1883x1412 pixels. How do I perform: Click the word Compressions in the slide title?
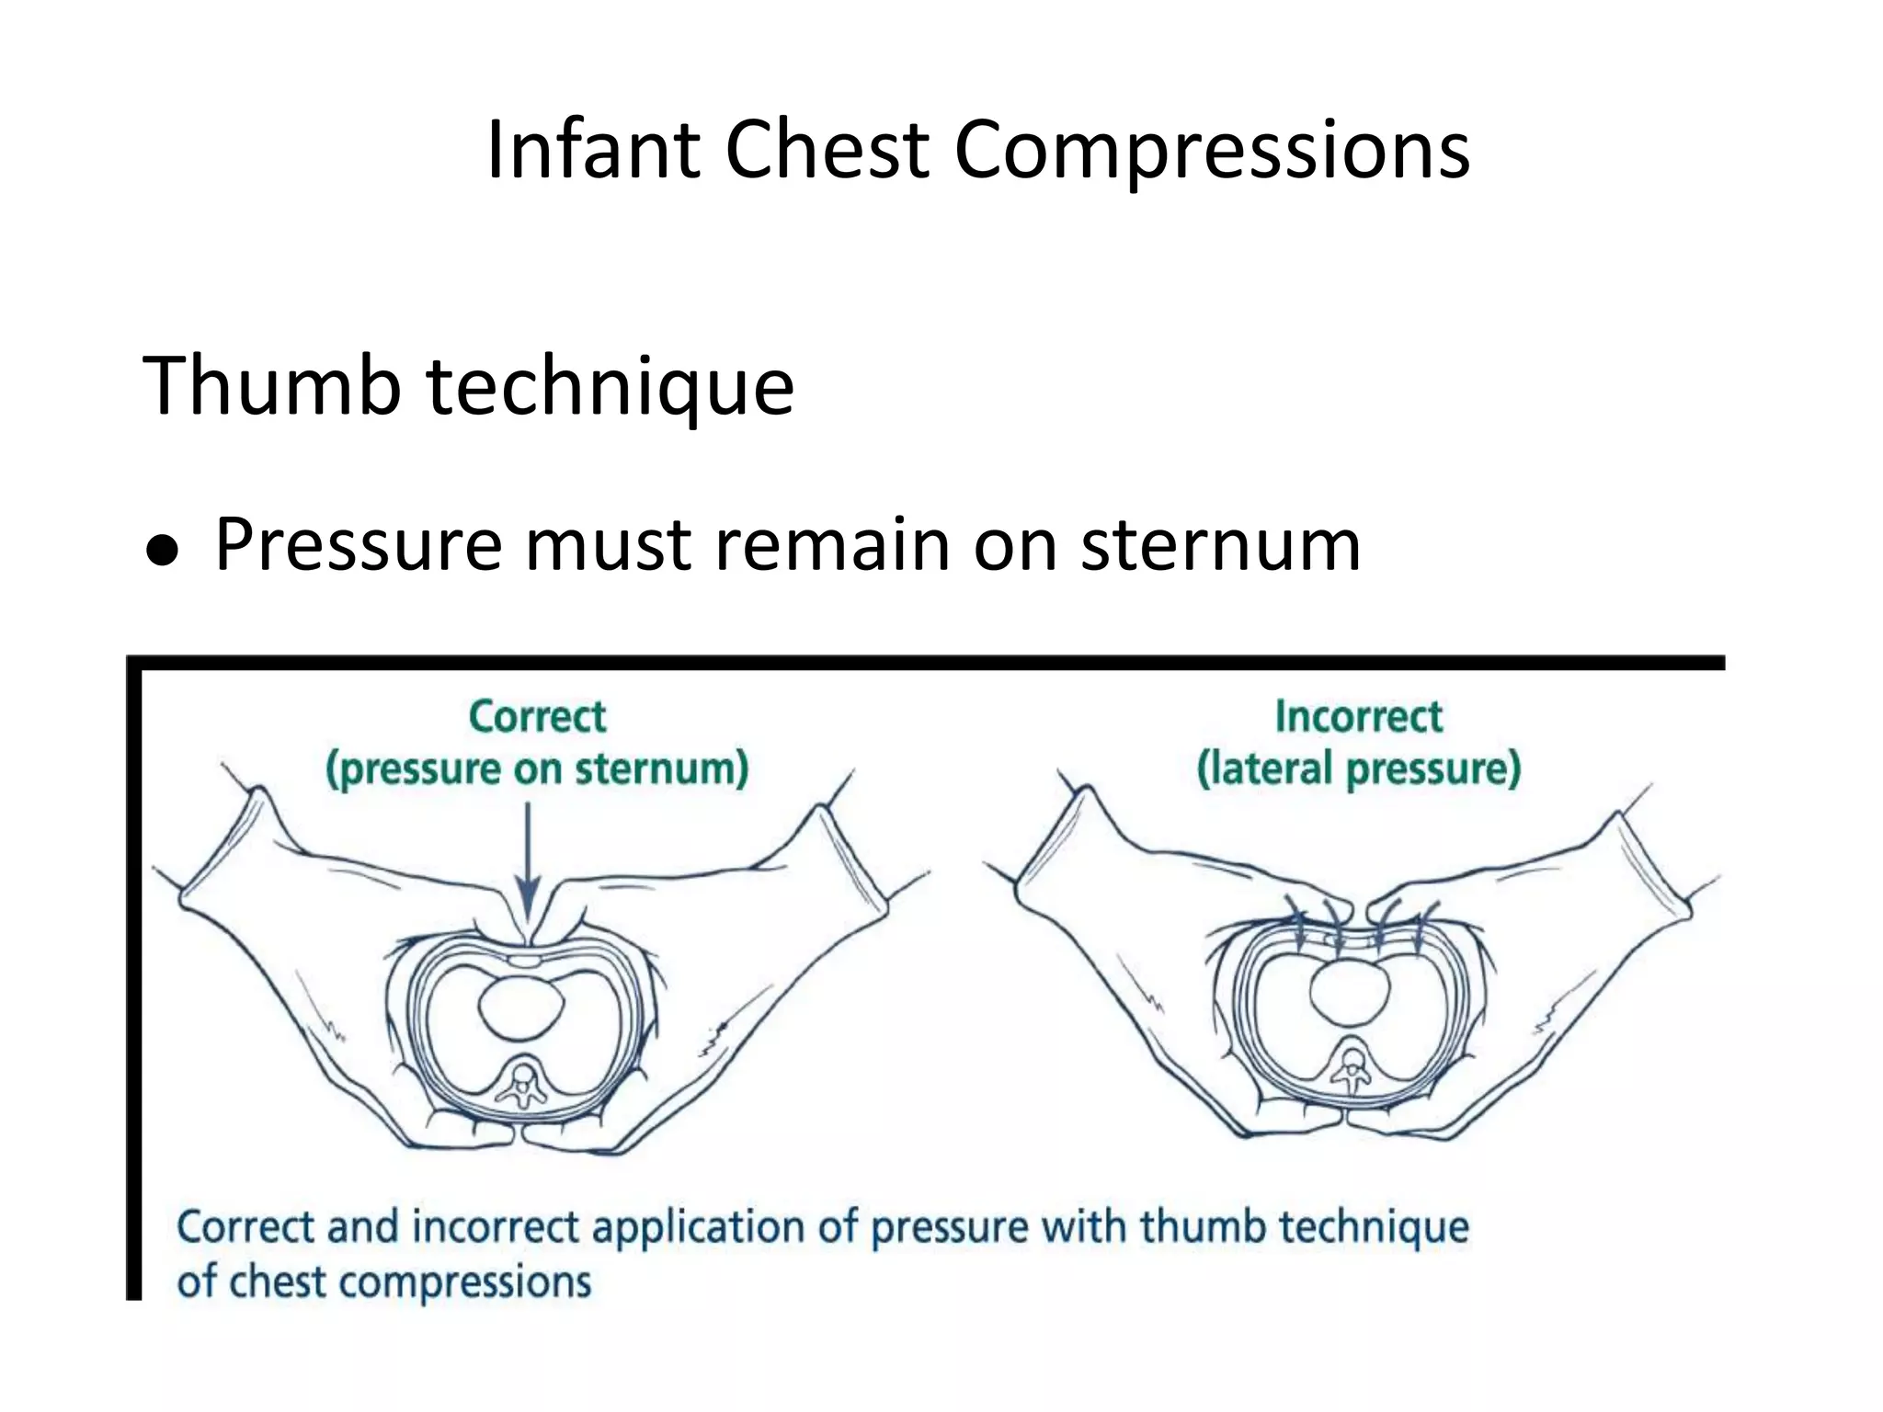[x=1211, y=152]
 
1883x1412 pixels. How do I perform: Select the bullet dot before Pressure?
[x=162, y=551]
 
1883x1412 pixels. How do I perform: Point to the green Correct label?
[x=537, y=717]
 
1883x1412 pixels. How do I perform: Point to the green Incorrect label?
[x=1358, y=717]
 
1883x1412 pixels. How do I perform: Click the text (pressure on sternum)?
[x=537, y=769]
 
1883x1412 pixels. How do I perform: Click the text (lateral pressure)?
[x=1358, y=769]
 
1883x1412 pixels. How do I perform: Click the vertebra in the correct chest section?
[x=523, y=1085]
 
